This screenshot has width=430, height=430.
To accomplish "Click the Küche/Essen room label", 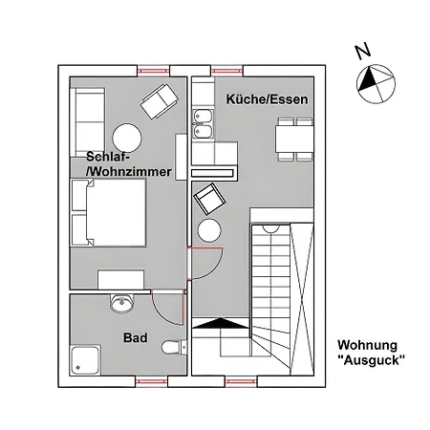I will pyautogui.click(x=259, y=98).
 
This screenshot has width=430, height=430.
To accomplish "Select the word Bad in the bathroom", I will pyautogui.click(x=134, y=337).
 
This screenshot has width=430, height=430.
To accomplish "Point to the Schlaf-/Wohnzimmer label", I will pyautogui.click(x=128, y=163).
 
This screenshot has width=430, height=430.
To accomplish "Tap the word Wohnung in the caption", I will pyautogui.click(x=368, y=345).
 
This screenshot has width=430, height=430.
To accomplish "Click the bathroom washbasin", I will pyautogui.click(x=122, y=304).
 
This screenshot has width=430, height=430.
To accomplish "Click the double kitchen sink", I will pyautogui.click(x=203, y=123).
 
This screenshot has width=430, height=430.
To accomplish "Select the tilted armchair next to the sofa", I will pyautogui.click(x=159, y=97).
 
